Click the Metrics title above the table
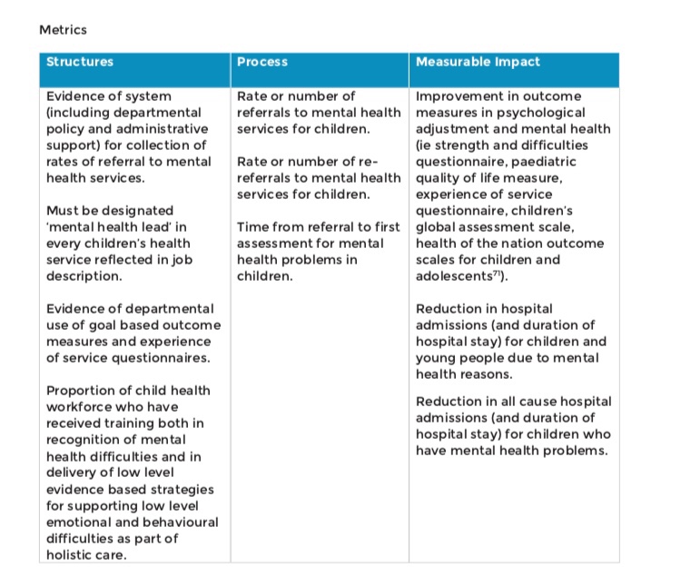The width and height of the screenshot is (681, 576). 63,29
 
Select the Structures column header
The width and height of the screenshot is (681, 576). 80,62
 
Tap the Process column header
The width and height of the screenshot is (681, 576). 262,62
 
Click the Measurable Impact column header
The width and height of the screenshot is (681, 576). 478,62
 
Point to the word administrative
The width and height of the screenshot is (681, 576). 161,129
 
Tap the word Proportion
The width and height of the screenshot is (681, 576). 83,391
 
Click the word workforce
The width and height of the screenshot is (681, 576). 82,407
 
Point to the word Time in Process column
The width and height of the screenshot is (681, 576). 253,227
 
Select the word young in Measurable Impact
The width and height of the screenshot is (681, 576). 434,358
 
